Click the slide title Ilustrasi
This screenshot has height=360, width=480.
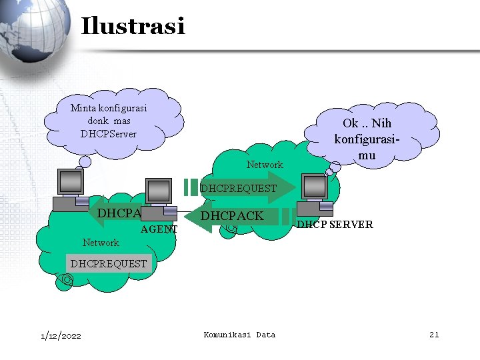point(133,27)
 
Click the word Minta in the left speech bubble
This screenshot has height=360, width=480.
point(83,108)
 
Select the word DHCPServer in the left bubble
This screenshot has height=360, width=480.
point(109,134)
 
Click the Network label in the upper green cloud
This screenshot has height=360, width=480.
point(265,165)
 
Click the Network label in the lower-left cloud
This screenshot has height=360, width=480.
point(101,243)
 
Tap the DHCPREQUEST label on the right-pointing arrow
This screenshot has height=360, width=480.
point(238,189)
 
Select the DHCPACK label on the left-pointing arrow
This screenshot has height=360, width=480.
point(233,216)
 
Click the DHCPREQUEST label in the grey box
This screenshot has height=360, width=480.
point(109,264)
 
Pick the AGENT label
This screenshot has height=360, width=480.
point(160,230)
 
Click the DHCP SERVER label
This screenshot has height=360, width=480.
point(335,225)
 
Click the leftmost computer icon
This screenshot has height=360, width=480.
point(71,190)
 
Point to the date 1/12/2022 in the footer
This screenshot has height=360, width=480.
point(60,335)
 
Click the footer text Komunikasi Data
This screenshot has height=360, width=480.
point(239,335)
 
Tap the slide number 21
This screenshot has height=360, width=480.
point(433,335)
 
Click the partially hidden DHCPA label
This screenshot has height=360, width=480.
point(119,213)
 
